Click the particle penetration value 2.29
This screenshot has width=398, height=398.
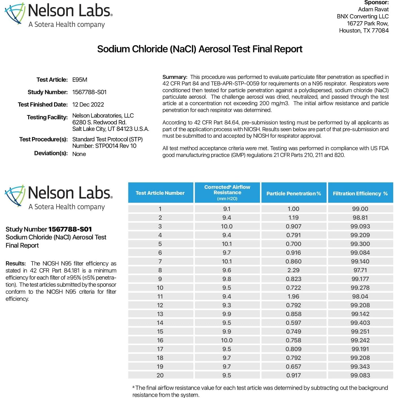(293, 270)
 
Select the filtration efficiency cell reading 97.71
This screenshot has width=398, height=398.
(360, 270)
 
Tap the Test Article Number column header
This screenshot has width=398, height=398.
(160, 193)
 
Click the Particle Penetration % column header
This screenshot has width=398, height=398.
(294, 194)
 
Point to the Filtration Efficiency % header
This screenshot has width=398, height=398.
(360, 194)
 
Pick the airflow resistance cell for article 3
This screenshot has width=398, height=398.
(227, 226)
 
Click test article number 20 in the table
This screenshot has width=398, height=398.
(160, 375)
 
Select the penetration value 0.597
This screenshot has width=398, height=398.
(293, 323)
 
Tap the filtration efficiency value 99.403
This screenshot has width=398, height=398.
(360, 323)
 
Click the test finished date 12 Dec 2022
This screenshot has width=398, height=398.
(88, 105)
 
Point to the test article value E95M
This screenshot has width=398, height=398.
(80, 80)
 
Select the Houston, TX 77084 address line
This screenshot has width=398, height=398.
(364, 31)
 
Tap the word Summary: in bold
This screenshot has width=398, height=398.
(175, 77)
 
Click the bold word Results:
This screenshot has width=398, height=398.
(16, 263)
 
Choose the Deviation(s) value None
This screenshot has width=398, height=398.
(79, 154)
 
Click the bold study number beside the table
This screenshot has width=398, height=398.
(70, 229)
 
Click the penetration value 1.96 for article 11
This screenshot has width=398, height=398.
(293, 297)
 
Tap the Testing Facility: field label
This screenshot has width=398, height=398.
(47, 117)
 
